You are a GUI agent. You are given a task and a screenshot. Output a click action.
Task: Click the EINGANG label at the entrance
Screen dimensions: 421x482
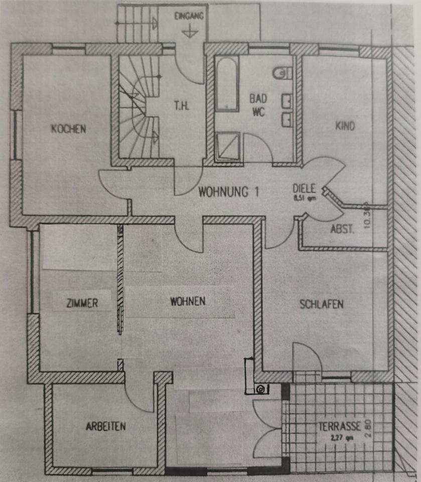coord(189,16)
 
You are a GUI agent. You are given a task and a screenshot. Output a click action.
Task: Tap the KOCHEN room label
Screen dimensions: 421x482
coord(68,129)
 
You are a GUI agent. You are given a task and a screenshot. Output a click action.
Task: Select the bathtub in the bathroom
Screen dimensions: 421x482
coord(227,84)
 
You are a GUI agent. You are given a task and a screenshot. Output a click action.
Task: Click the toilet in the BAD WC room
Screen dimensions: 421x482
coord(284,73)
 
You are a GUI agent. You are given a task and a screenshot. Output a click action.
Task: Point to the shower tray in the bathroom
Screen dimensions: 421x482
coord(227,146)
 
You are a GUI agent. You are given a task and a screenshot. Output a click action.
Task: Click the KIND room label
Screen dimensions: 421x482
coord(345,126)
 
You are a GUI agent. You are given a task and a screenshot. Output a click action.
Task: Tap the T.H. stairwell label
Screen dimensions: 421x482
coord(182,106)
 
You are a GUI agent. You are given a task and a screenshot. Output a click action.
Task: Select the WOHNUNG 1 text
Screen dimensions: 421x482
coord(228,191)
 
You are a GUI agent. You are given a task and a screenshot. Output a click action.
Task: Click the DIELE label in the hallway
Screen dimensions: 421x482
coord(304,189)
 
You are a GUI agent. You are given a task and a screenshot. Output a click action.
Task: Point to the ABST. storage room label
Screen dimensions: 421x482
coord(343,229)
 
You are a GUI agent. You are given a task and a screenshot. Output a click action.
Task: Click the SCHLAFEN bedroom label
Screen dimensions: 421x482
coord(322,304)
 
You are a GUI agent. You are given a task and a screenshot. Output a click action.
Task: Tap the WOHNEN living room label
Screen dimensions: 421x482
coord(188,301)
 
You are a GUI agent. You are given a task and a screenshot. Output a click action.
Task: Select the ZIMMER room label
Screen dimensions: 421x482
coord(82,303)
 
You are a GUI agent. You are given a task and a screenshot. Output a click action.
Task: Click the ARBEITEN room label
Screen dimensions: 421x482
coord(105,427)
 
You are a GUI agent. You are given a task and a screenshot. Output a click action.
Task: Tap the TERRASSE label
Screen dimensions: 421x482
coord(340,427)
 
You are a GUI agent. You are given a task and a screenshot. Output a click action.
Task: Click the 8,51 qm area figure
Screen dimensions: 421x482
coord(305,197)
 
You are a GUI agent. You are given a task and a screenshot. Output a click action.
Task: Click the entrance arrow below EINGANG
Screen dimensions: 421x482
coord(189,32)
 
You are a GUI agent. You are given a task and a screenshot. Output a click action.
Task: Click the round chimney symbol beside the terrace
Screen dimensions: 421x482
coord(260,388)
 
